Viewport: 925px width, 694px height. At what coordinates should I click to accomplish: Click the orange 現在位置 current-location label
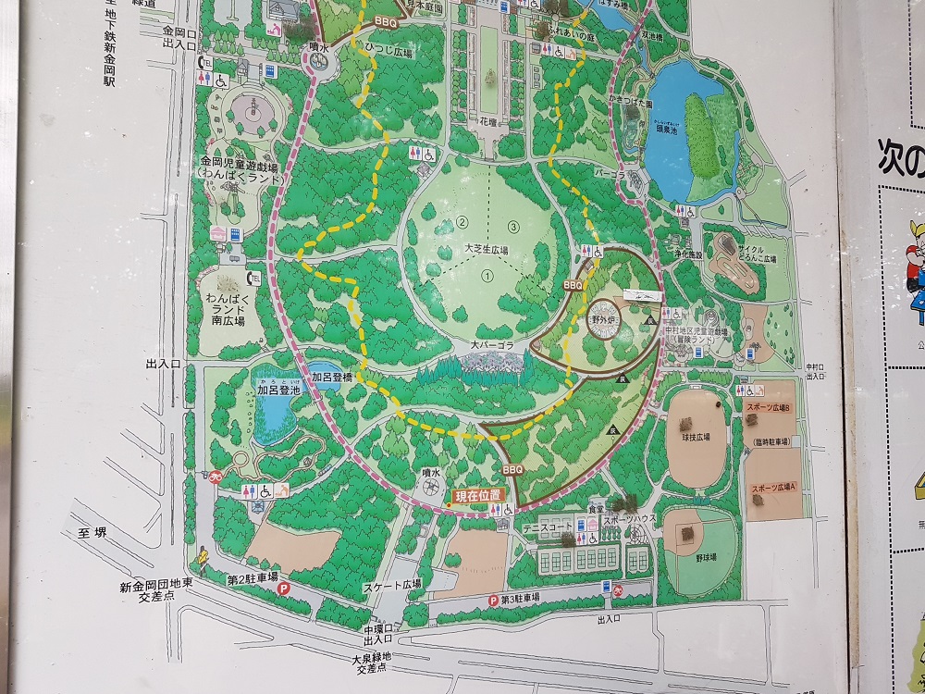click(478, 497)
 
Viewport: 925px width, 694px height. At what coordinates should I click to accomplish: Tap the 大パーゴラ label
click(490, 345)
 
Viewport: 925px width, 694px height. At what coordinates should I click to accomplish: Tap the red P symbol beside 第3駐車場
click(492, 601)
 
